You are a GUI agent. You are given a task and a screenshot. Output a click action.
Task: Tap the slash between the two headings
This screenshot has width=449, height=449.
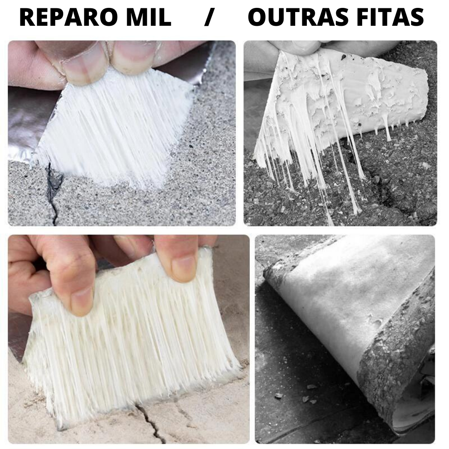click(x=209, y=17)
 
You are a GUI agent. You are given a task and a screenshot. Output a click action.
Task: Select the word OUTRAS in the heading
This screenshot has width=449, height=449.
click(x=297, y=17)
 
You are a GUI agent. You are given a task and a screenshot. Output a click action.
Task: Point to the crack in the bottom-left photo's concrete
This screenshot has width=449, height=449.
click(x=149, y=424)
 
